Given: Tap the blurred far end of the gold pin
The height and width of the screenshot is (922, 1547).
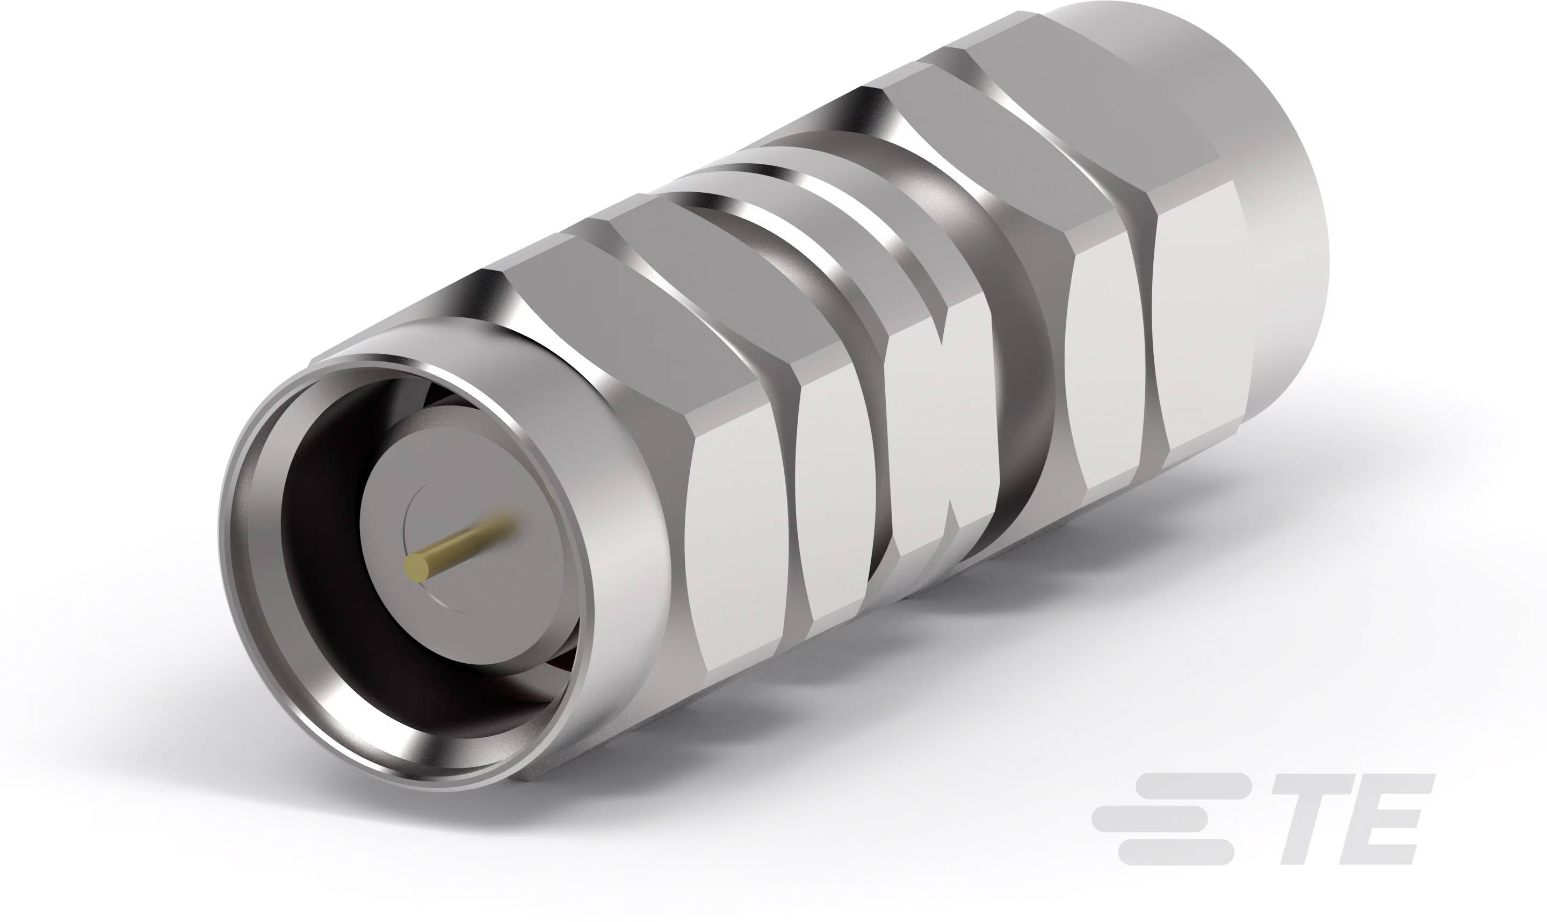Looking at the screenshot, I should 507,522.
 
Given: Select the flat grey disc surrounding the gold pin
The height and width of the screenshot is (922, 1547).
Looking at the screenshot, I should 472,597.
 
